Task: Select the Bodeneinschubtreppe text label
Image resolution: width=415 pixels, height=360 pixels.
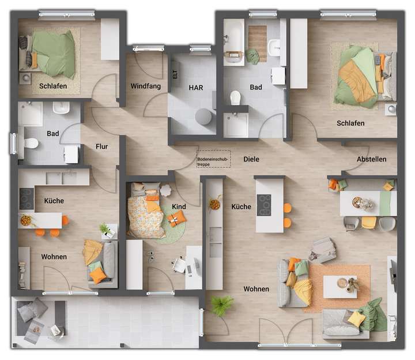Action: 213,161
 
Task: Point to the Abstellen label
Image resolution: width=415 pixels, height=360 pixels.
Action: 371,159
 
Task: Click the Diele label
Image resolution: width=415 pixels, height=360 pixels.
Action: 251,159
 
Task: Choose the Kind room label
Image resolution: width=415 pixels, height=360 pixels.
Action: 179,207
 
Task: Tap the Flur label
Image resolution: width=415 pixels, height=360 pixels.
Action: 101,147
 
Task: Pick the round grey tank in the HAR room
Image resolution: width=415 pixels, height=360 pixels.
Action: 203,116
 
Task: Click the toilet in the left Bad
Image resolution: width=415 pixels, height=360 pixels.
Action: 31,142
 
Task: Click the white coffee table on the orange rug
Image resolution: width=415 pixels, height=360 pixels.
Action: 339,286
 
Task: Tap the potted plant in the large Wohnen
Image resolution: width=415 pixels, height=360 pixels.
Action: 221,305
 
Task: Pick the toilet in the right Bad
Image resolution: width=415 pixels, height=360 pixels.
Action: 235,98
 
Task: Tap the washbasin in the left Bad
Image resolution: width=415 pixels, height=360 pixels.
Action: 61,108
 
